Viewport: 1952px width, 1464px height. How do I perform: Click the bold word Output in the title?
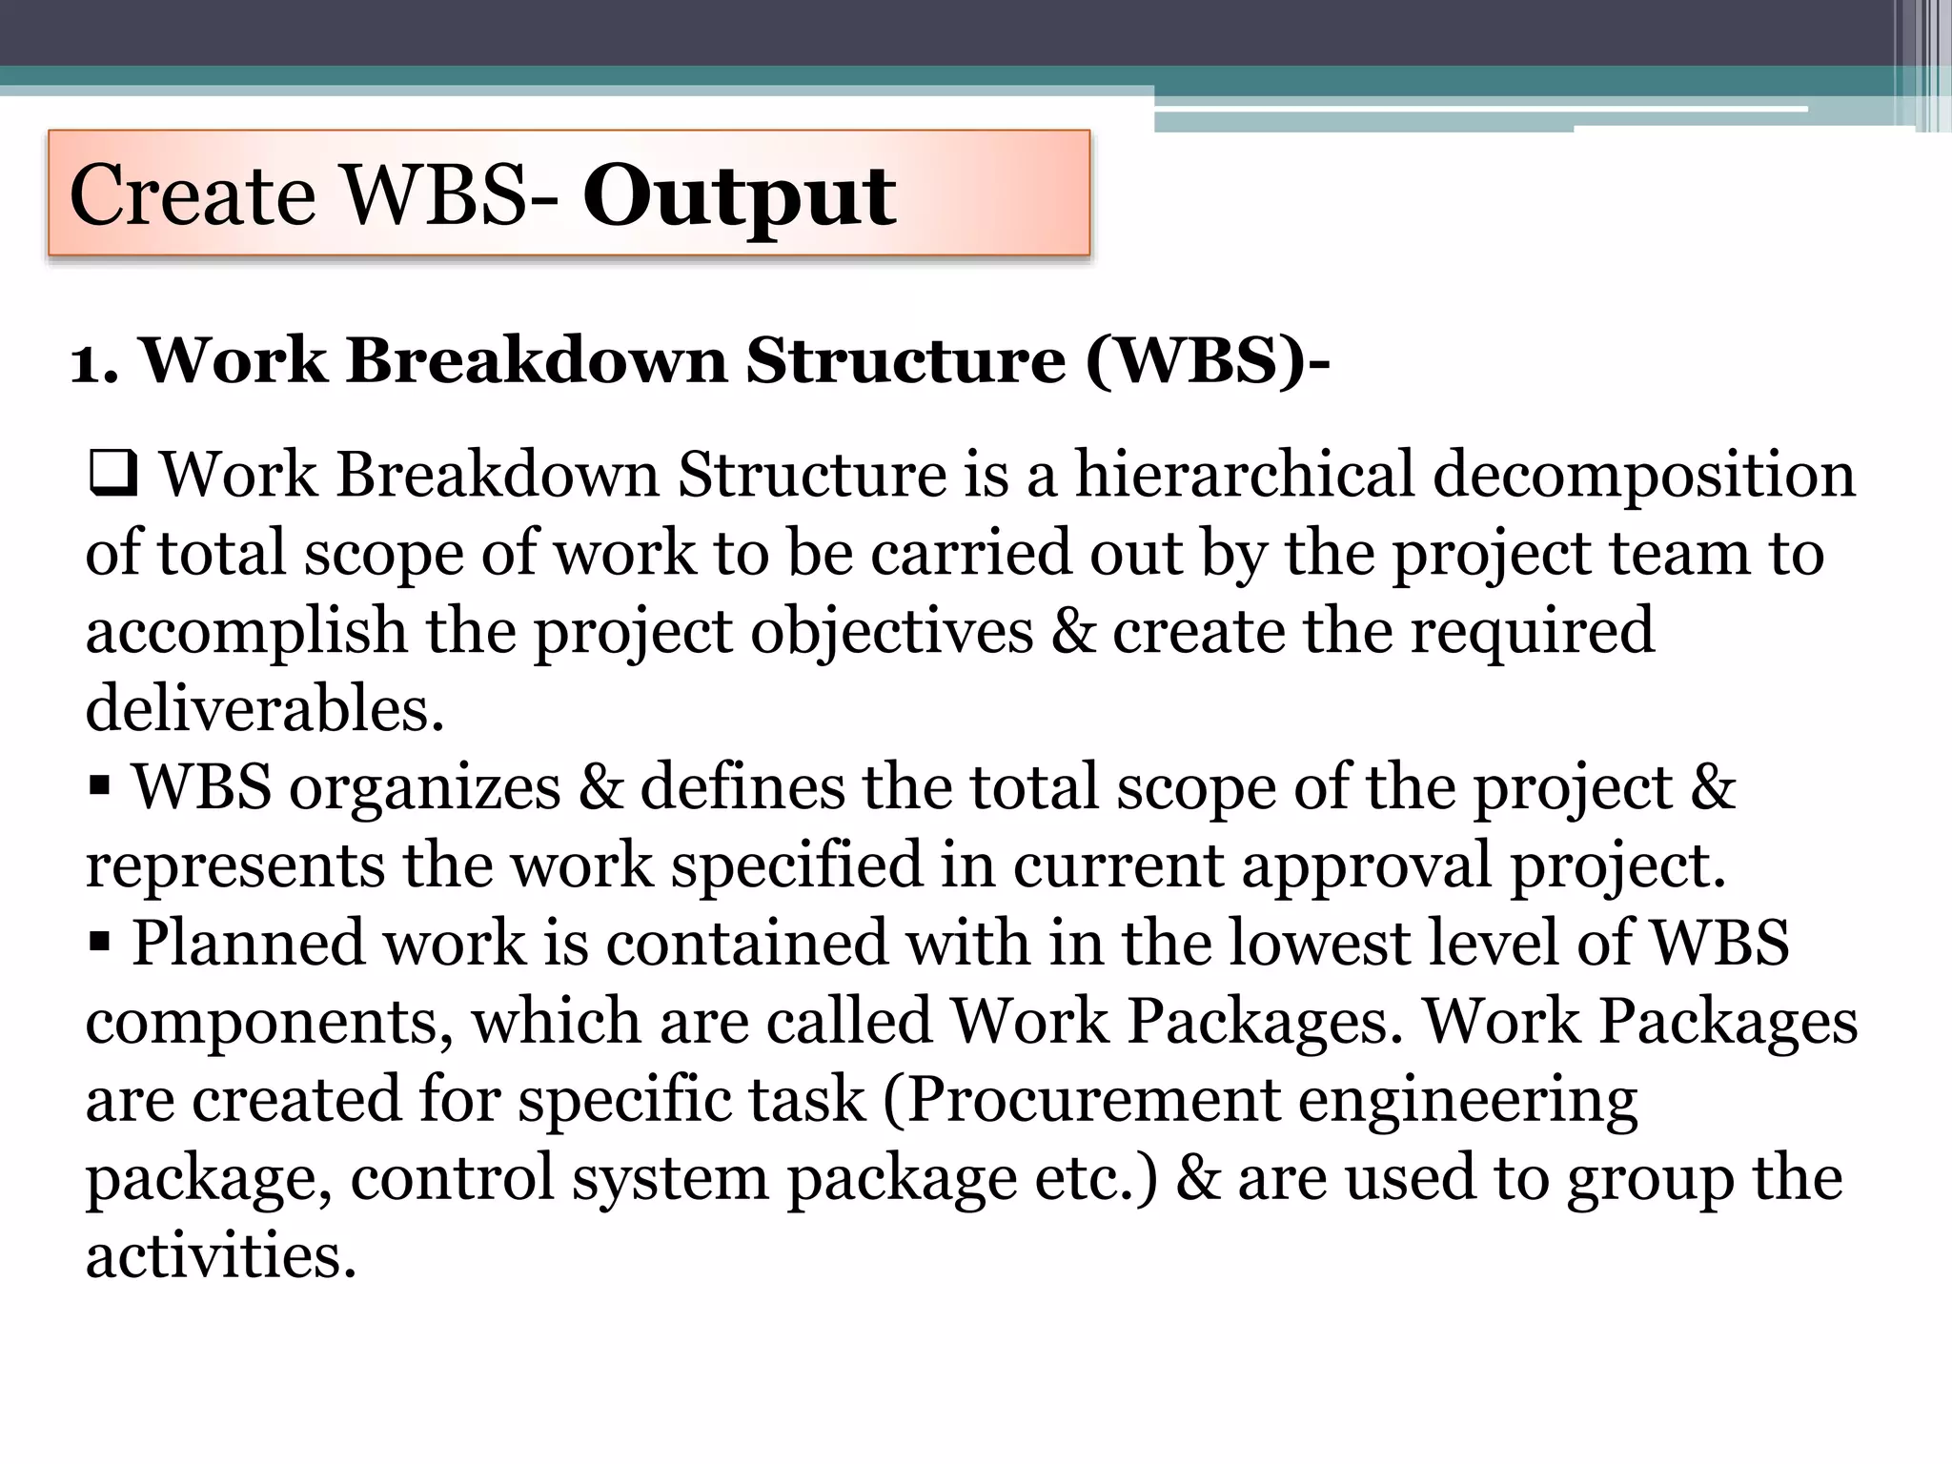739,197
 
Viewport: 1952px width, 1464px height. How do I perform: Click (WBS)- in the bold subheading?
1208,362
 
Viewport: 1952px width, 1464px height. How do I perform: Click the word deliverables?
265,708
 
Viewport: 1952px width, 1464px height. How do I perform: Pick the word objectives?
891,632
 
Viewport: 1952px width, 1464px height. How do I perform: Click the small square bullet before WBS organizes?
98,787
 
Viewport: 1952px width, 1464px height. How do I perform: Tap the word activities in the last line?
221,1255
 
